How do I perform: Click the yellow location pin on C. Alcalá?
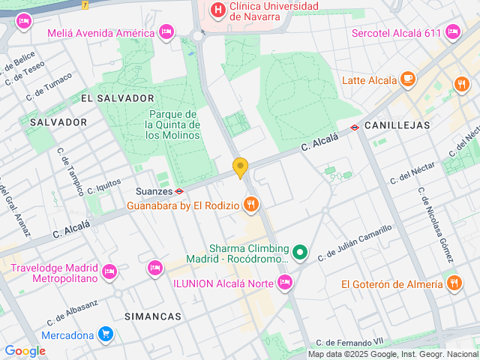(x=240, y=168)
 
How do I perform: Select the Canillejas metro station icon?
(x=355, y=126)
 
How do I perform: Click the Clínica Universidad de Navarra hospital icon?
(x=217, y=10)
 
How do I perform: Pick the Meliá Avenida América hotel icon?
(x=166, y=32)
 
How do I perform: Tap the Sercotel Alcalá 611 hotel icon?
(x=452, y=32)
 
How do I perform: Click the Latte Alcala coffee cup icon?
(x=407, y=79)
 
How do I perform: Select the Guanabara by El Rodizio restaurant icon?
(x=251, y=204)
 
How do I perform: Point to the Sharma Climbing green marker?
(x=300, y=253)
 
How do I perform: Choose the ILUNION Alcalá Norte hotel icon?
(x=284, y=283)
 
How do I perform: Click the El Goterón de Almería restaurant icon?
(x=454, y=283)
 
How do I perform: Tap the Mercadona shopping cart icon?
(x=106, y=334)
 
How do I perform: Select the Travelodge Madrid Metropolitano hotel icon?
(x=109, y=271)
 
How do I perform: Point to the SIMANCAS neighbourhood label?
(x=153, y=316)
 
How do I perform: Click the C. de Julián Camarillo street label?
(x=355, y=243)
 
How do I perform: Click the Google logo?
(x=25, y=351)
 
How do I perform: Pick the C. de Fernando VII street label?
(x=349, y=342)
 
